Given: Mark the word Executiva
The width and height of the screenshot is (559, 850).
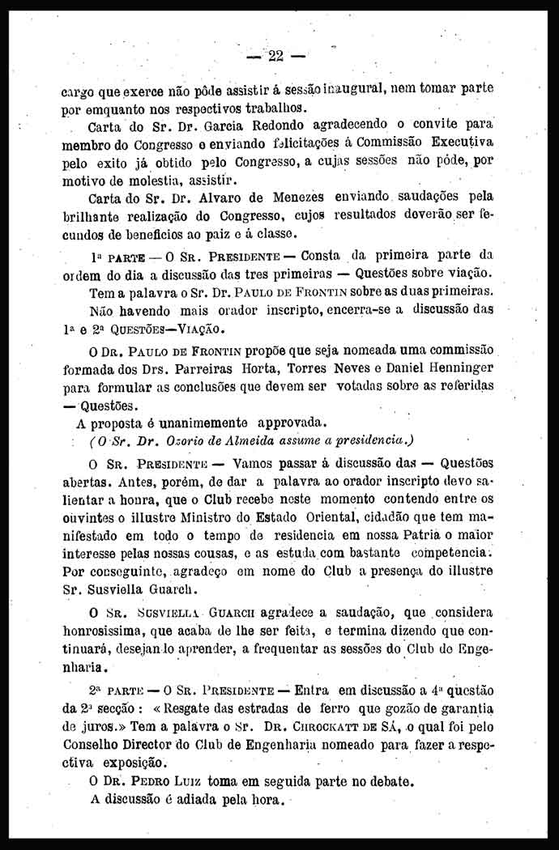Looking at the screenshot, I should pos(463,143).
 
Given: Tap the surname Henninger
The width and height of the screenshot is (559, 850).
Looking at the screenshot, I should pos(456,366).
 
